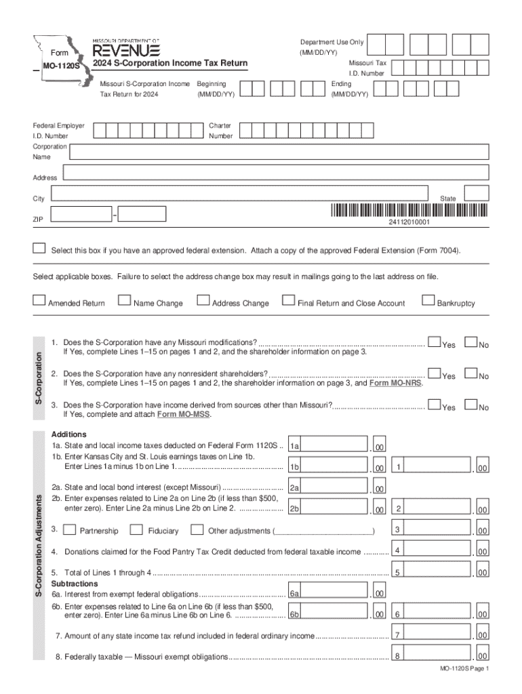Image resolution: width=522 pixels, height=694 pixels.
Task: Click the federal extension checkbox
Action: point(40,248)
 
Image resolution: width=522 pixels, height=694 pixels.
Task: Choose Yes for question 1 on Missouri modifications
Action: point(435,343)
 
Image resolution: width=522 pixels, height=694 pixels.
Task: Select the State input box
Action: point(477,193)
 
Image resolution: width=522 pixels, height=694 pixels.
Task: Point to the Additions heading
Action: point(68,434)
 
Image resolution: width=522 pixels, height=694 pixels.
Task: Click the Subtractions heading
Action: point(75,584)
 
